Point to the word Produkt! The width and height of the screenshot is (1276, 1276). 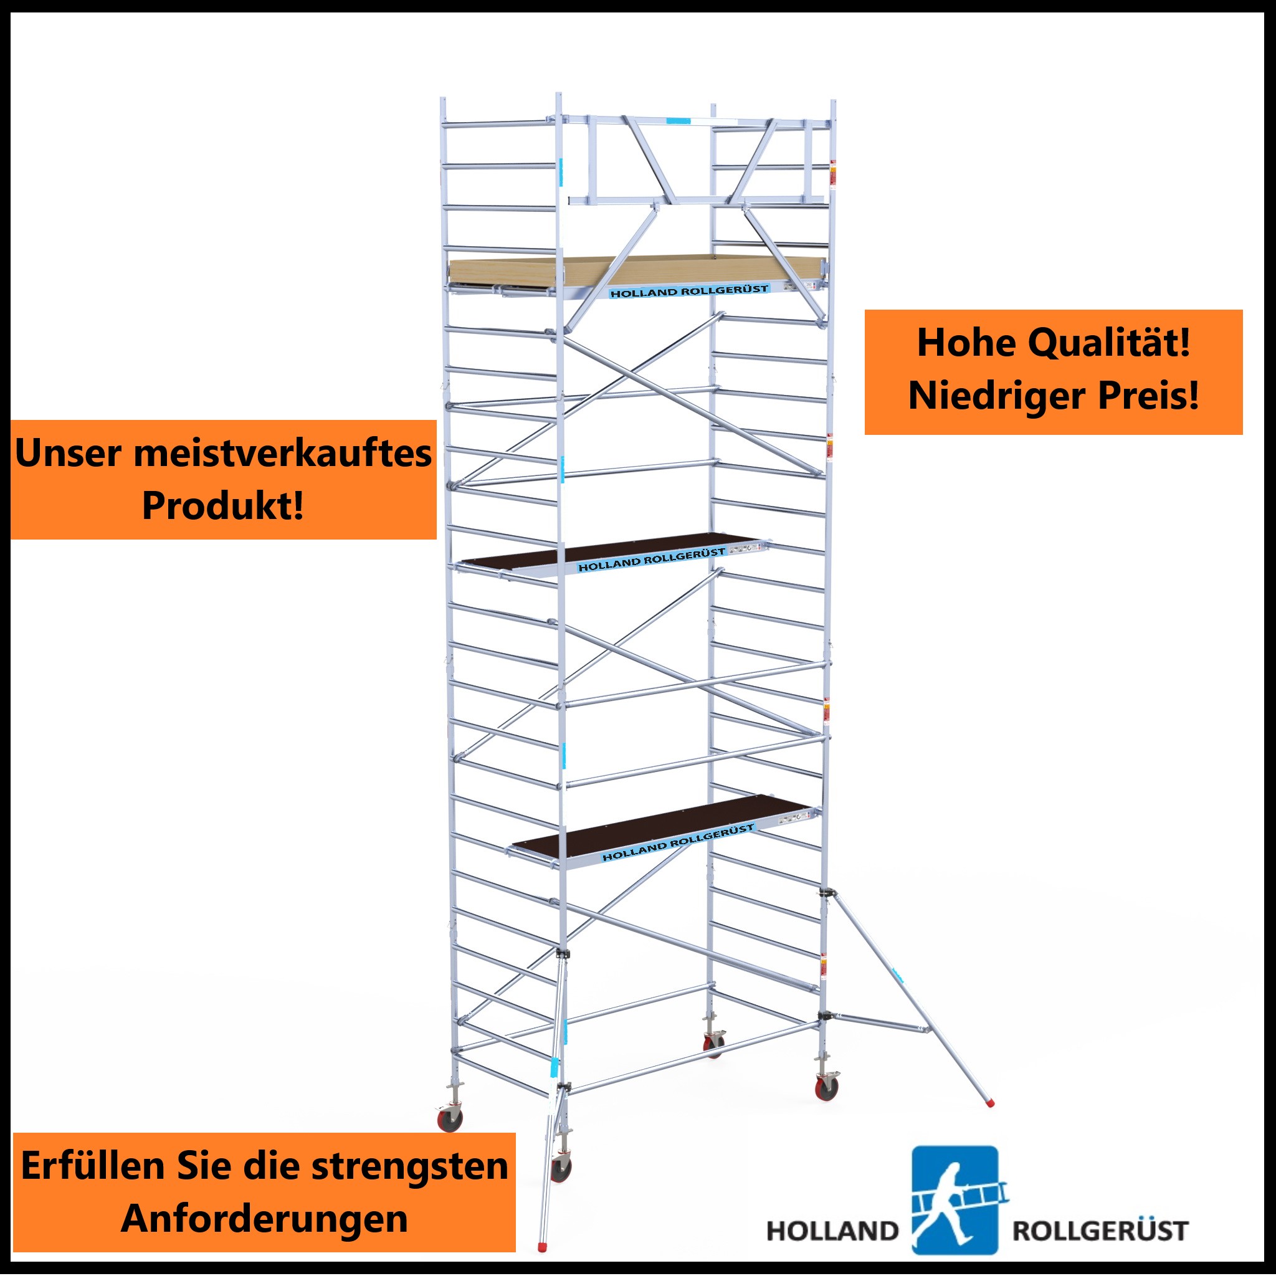pyautogui.click(x=223, y=506)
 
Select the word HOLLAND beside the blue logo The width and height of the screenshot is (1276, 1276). pyautogui.click(x=832, y=1231)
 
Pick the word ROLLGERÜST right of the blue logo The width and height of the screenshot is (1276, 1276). pyautogui.click(x=1100, y=1231)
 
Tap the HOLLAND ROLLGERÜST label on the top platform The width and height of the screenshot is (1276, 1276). pyautogui.click(x=689, y=291)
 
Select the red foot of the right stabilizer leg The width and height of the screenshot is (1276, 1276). pyautogui.click(x=990, y=1102)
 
